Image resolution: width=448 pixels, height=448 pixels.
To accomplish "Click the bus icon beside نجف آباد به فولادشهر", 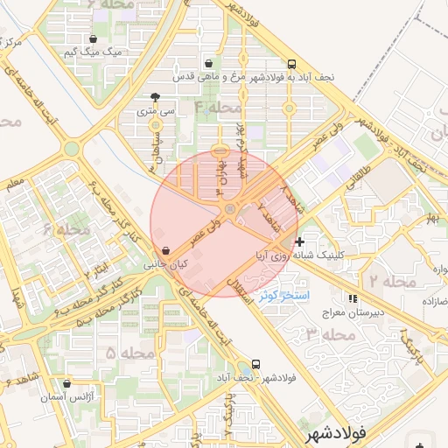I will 292,63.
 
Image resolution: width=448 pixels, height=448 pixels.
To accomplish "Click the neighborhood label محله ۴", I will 217,107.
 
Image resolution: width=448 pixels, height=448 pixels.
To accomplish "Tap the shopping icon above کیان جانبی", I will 166,249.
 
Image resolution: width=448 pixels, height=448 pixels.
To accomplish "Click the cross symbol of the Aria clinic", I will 299,241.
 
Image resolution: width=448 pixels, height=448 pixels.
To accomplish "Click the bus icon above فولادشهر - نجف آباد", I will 255,364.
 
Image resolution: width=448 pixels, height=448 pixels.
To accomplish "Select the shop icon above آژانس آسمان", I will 67,383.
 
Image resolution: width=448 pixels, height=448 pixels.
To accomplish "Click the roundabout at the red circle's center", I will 229,210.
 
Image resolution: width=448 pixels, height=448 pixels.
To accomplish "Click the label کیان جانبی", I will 166,263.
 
